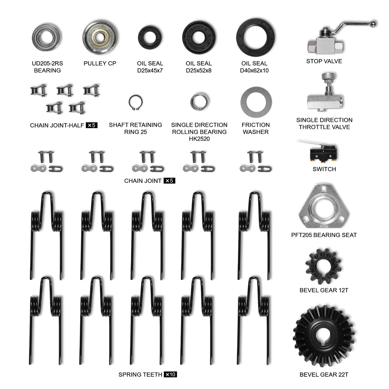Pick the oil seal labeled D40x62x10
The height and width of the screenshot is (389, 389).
[x=240, y=38]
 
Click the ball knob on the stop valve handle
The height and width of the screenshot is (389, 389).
[x=373, y=24]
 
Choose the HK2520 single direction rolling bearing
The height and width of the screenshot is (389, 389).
[x=192, y=101]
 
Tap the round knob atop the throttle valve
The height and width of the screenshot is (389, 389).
[x=329, y=76]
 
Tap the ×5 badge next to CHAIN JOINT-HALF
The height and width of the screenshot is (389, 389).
[x=92, y=125]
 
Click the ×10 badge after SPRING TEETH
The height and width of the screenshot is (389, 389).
[x=170, y=374]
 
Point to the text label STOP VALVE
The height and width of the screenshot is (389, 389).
[x=324, y=61]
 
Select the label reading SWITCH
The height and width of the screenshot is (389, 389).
[x=324, y=169]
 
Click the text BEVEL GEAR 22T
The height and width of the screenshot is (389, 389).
[x=324, y=374]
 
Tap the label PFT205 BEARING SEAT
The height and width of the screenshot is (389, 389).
[x=324, y=235]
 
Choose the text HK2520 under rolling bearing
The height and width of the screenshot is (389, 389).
[x=199, y=139]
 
